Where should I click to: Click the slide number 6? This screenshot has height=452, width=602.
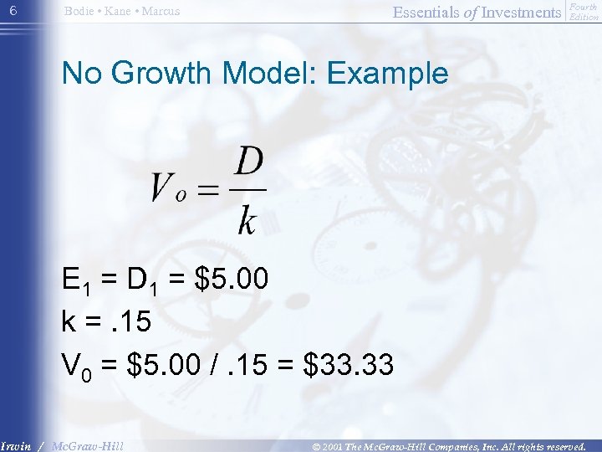12,10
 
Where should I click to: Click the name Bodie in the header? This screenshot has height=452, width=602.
79,11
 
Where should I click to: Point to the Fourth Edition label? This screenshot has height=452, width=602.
584,12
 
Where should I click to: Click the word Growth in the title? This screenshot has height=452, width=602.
165,73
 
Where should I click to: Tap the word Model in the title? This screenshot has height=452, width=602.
270,73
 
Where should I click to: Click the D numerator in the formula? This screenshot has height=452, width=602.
248,162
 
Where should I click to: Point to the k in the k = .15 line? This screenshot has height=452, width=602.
69,321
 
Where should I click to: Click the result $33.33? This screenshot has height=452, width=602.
349,364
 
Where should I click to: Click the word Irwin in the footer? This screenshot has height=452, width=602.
16,445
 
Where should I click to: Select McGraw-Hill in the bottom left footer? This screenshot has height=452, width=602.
87,445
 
